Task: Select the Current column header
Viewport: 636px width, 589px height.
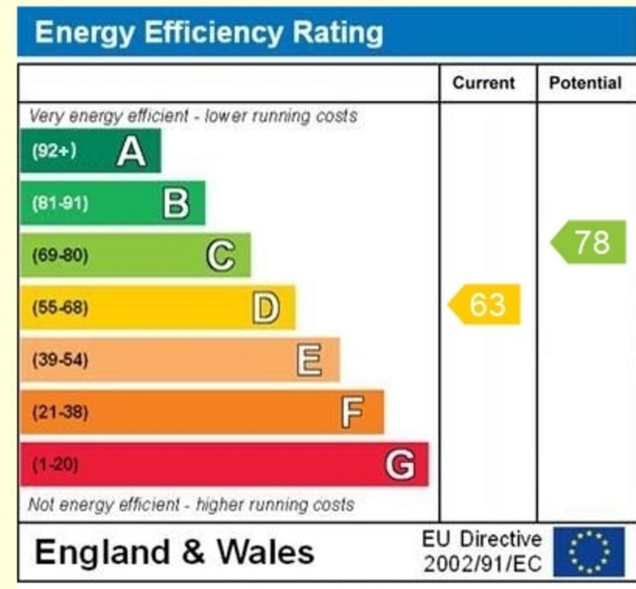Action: [x=484, y=83]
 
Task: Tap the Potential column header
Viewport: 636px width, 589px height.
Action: [x=585, y=83]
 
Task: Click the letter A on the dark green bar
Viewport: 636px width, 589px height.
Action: [x=131, y=151]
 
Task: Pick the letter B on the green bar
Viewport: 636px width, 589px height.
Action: [x=176, y=203]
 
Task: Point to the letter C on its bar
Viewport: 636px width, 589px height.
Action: [x=220, y=256]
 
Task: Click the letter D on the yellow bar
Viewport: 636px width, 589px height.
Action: [x=266, y=308]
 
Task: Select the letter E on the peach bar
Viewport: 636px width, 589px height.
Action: [x=309, y=360]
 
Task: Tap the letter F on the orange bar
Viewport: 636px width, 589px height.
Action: [x=352, y=412]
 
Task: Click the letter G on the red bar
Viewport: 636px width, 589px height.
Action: [x=400, y=465]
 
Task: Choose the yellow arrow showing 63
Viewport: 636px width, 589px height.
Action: [x=485, y=305]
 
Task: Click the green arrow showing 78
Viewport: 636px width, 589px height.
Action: [x=589, y=242]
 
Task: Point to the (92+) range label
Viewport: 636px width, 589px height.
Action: [x=54, y=151]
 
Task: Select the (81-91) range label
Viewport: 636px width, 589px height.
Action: [x=60, y=203]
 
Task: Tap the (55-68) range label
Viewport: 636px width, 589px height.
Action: [x=60, y=308]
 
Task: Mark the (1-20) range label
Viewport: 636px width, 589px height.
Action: [x=55, y=465]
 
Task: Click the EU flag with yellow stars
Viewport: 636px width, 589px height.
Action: [x=589, y=552]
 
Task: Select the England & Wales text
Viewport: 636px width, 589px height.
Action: [x=174, y=552]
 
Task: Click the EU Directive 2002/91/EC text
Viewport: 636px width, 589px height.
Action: [x=482, y=552]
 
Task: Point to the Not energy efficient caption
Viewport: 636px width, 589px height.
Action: [x=191, y=504]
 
